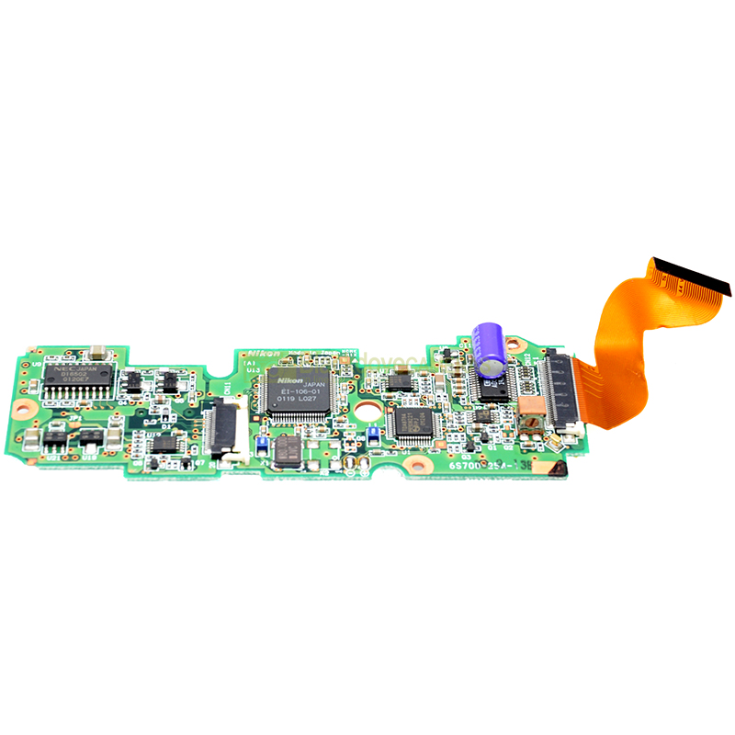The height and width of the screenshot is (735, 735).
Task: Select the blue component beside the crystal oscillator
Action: [261, 446]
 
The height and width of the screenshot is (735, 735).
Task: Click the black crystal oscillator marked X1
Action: [286, 448]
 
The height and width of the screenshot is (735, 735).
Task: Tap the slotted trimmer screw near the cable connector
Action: [530, 421]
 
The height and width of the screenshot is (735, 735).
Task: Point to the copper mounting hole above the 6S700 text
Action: [418, 465]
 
